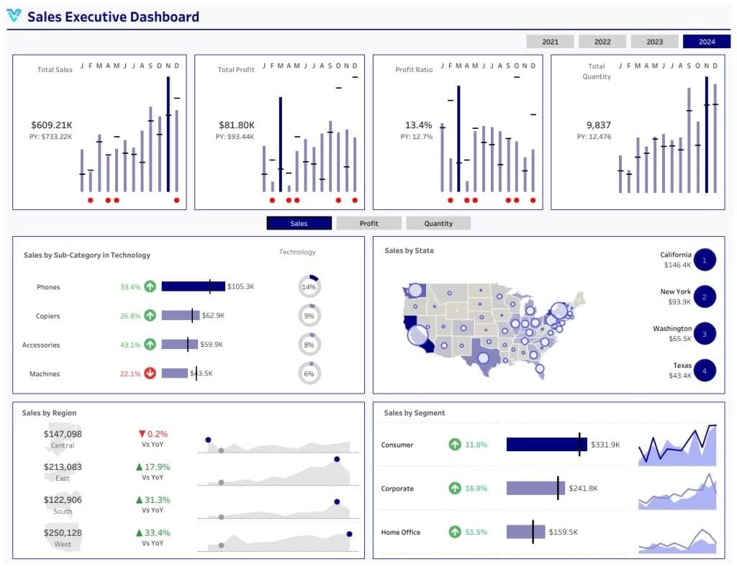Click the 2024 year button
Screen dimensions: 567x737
tap(706, 42)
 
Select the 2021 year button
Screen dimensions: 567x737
tap(550, 42)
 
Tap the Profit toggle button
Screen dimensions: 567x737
tap(368, 223)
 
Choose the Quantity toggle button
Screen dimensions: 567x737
tap(438, 223)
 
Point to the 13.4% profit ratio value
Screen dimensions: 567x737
tap(418, 124)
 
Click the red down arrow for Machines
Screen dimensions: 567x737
tap(150, 373)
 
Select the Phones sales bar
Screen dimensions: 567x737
tap(193, 286)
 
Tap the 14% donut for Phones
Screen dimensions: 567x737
tap(309, 286)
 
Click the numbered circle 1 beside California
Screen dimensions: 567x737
tap(705, 260)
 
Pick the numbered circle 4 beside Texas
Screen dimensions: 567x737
tap(705, 371)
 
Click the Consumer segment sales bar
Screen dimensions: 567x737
tap(546, 445)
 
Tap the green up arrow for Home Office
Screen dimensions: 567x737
tap(455, 532)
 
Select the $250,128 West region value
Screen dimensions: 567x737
tap(63, 532)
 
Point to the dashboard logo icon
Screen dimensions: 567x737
tap(14, 16)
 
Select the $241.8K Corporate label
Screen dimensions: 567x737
tap(583, 489)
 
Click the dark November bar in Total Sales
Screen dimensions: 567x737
tap(168, 134)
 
